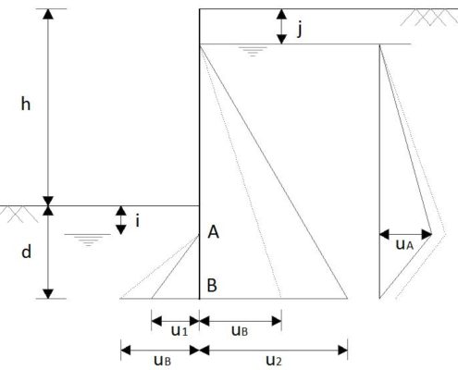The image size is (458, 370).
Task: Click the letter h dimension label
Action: coord(26,104)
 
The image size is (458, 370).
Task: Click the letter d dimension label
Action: coord(26,252)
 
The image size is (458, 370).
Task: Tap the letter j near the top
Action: coord(299,30)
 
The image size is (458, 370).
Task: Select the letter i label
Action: coord(138,221)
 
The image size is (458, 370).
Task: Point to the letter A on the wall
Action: coord(214,232)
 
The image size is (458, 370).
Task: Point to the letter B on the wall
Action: coord(212,285)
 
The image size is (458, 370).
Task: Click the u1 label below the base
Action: coord(179,331)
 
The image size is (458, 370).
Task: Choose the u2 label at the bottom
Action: coord(274,360)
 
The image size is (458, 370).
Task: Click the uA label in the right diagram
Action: coord(404,245)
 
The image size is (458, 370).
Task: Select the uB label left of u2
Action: coord(162,360)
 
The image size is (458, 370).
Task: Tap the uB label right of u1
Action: coord(240,331)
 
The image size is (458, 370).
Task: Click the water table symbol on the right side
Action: coord(253,52)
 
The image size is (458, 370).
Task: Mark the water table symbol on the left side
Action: coord(88,240)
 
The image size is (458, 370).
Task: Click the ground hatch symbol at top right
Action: coord(430,18)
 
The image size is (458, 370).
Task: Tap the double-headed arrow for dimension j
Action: coord(281,27)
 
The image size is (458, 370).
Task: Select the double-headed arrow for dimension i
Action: coord(121,220)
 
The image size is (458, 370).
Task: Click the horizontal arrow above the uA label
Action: coord(405,234)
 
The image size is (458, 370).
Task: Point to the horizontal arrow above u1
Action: coord(176,321)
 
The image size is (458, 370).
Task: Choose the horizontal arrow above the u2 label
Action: coord(274,351)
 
